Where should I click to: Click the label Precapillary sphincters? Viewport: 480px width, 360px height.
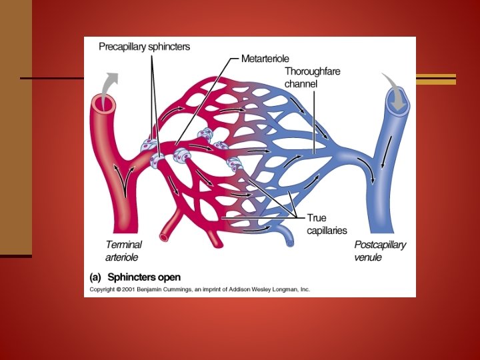[x=144, y=47]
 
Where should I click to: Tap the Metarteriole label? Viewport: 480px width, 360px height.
[x=265, y=59]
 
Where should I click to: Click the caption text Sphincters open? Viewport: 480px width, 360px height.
[x=144, y=277]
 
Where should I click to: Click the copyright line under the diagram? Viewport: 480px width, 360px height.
[x=200, y=289]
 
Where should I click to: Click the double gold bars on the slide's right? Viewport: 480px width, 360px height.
[x=436, y=79]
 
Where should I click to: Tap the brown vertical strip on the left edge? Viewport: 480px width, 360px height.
[x=15, y=127]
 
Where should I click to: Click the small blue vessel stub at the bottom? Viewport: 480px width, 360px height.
[x=286, y=237]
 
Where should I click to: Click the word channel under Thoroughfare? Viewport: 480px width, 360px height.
[x=301, y=84]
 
